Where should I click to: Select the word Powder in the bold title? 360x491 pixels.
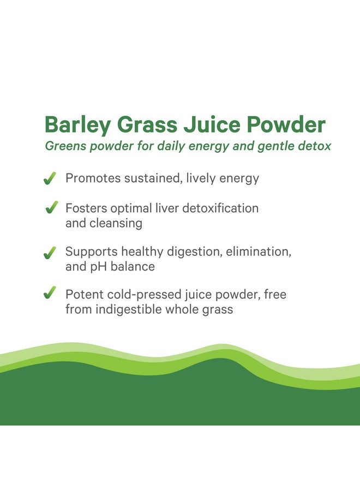pos(286,124)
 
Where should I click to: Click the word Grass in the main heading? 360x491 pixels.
pos(147,124)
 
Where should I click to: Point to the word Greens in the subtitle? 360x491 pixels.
pos(65,146)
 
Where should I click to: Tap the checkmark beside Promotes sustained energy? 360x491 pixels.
pos(50,178)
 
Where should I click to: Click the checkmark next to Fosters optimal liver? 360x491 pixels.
pos(52,207)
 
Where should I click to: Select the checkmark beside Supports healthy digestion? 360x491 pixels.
pos(50,253)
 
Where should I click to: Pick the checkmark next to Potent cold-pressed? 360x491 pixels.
pos(50,292)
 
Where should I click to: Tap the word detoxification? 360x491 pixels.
pos(220,208)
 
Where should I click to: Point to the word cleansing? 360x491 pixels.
pos(116,224)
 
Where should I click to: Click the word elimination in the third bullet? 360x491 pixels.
pos(259,252)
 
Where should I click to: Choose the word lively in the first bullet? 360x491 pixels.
pos(201,179)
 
